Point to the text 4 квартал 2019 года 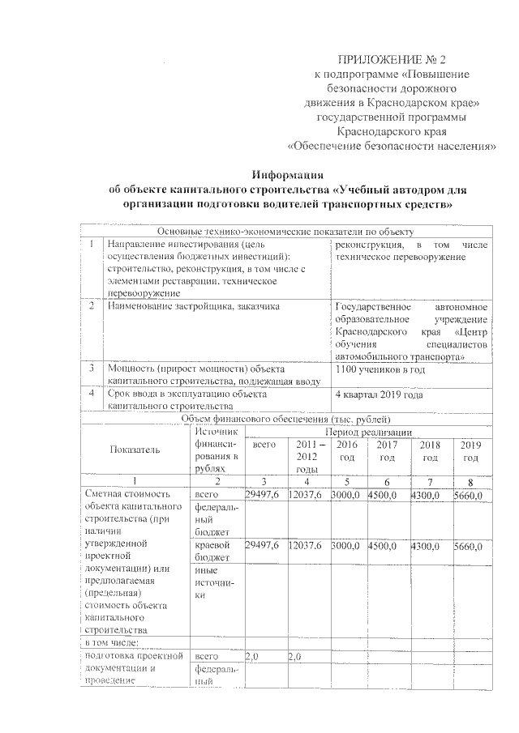tap(379, 394)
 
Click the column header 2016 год tap(346, 452)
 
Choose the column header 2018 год tap(430, 452)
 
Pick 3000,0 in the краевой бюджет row tap(346, 548)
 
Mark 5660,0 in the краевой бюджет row tap(468, 548)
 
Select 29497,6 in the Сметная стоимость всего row tap(264, 494)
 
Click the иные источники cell tap(211, 582)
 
